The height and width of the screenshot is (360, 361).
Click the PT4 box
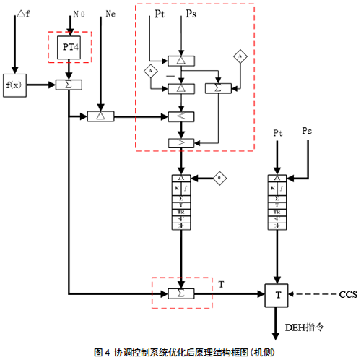(69, 47)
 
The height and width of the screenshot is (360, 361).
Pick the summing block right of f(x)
(69, 85)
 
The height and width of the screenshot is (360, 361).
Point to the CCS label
(348, 294)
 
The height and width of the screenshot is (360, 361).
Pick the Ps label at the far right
(307, 132)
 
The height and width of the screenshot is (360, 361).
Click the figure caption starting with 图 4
(180, 352)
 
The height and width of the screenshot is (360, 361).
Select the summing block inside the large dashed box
(214, 87)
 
